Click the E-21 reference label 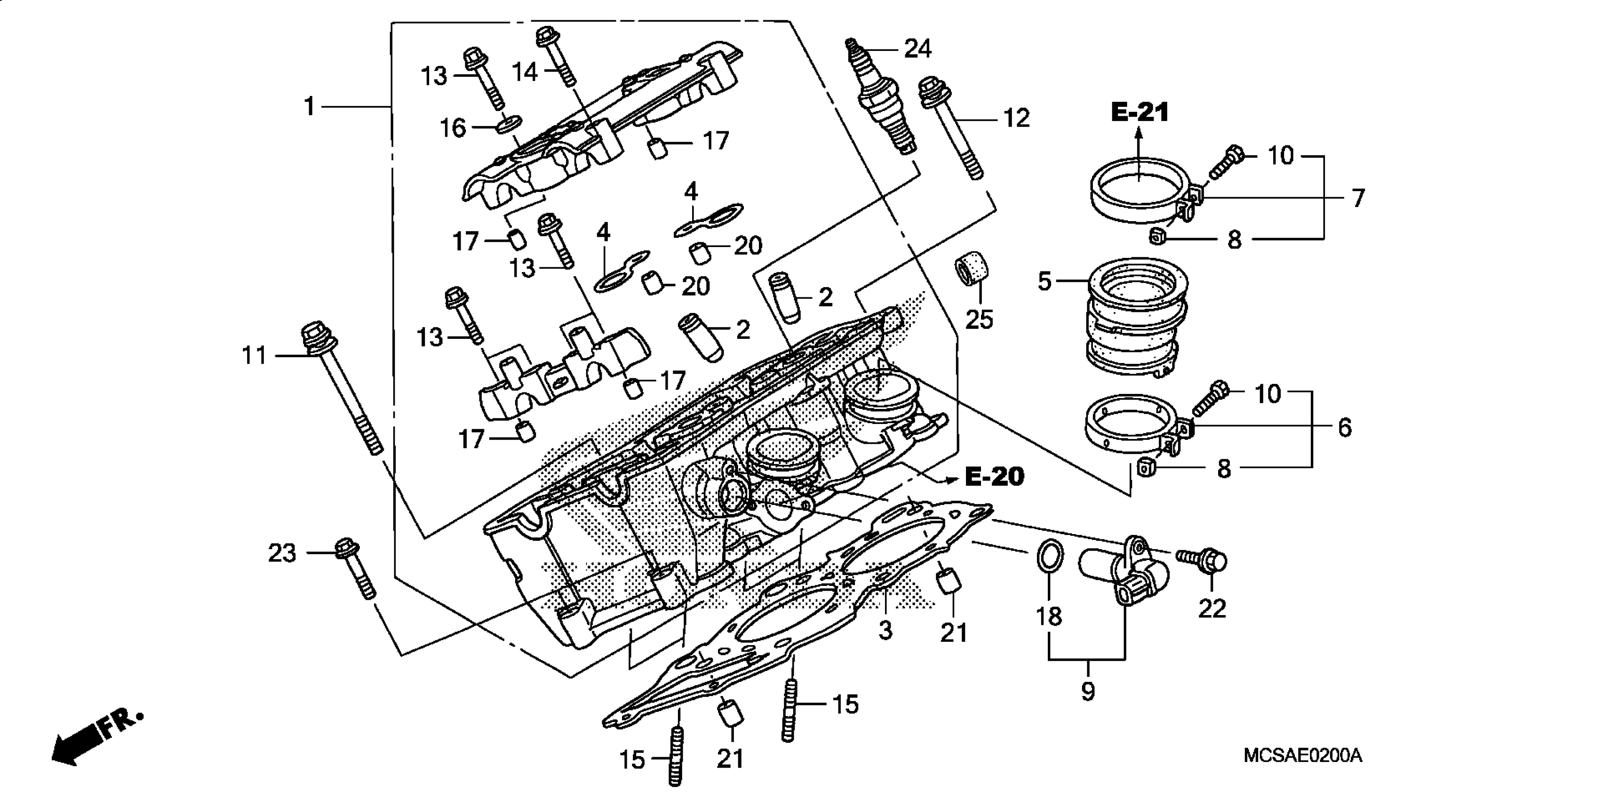pyautogui.click(x=1140, y=112)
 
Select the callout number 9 pyautogui.click(x=1087, y=691)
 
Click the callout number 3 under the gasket pyautogui.click(x=885, y=630)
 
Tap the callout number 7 pyautogui.click(x=1358, y=198)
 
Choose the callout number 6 pyautogui.click(x=1344, y=428)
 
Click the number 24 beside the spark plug pyautogui.click(x=917, y=48)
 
